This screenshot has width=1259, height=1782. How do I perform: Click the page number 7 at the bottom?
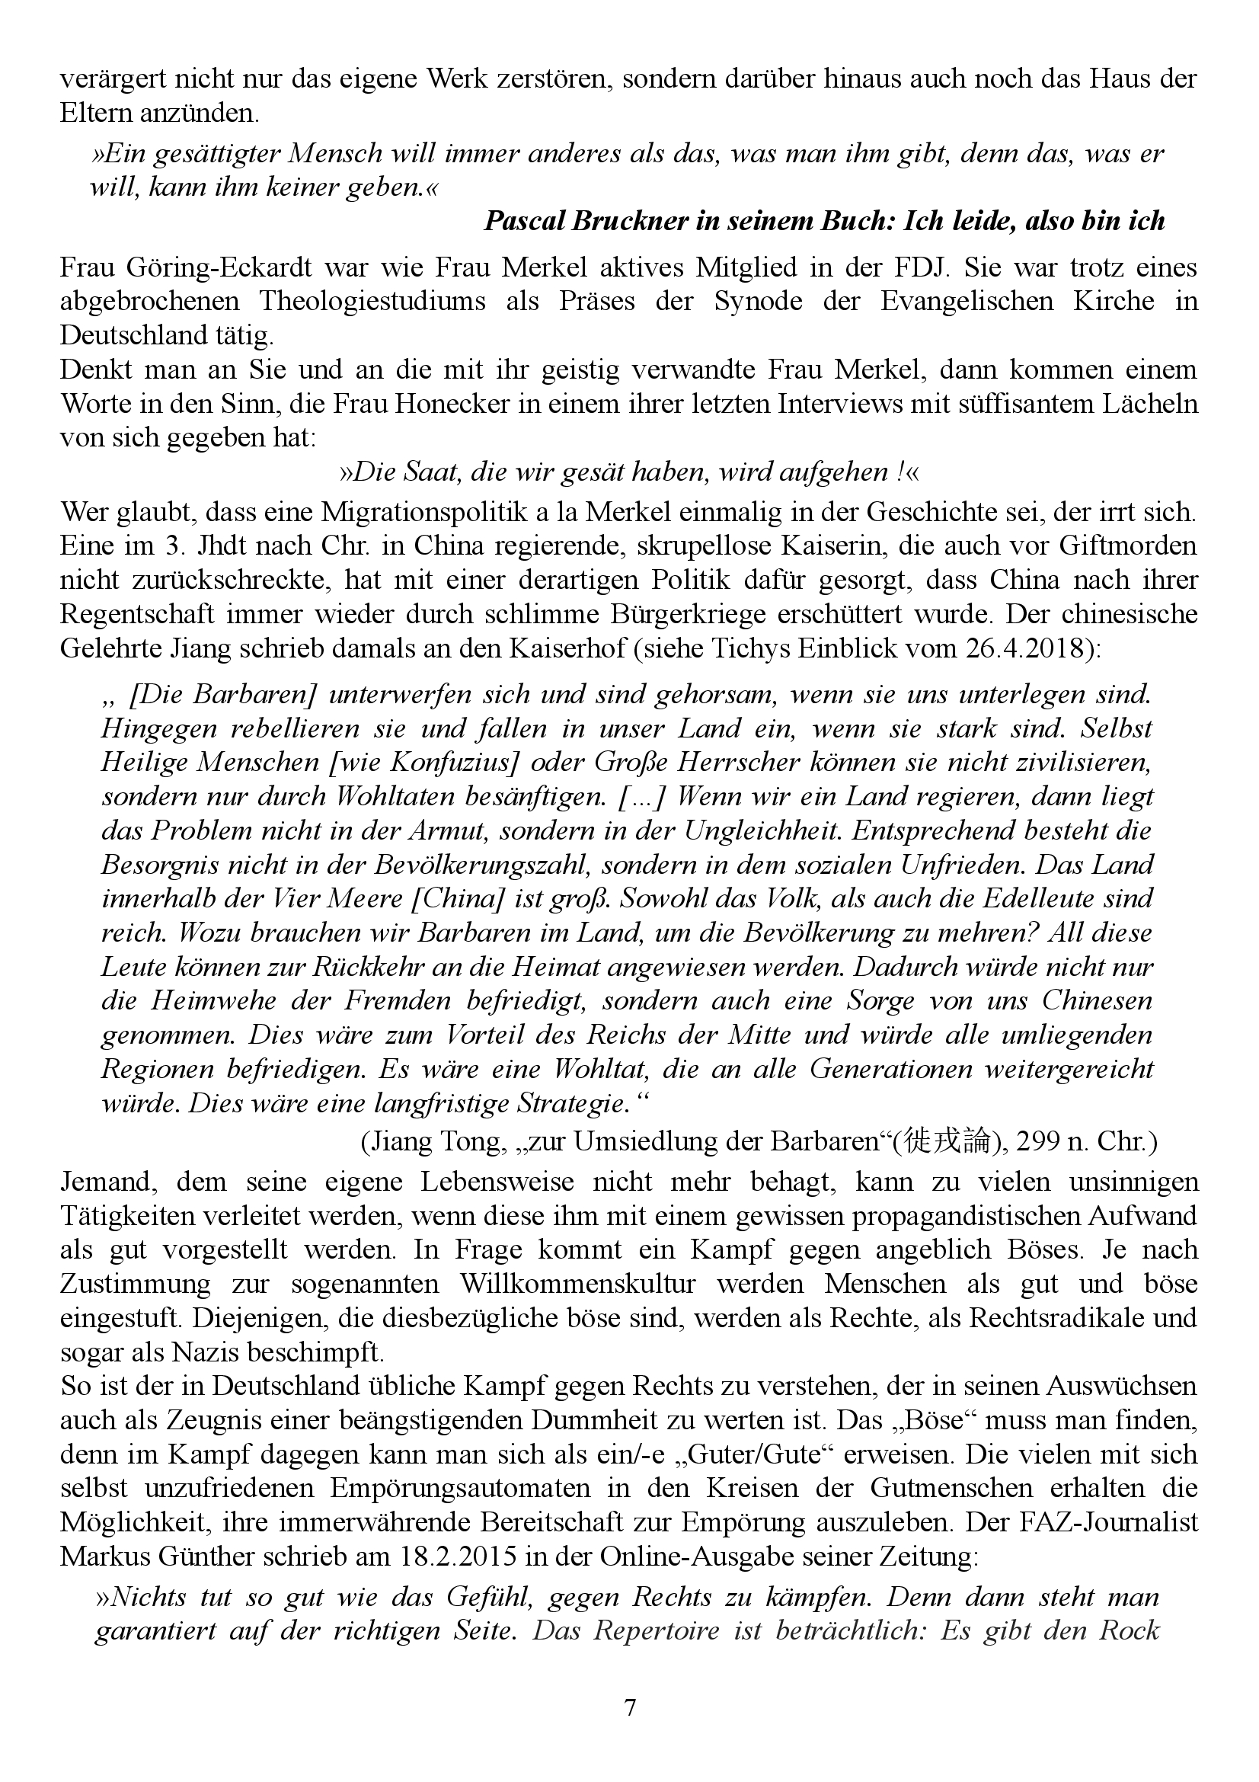pos(630,1707)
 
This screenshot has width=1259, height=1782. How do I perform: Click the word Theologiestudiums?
pos(372,301)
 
